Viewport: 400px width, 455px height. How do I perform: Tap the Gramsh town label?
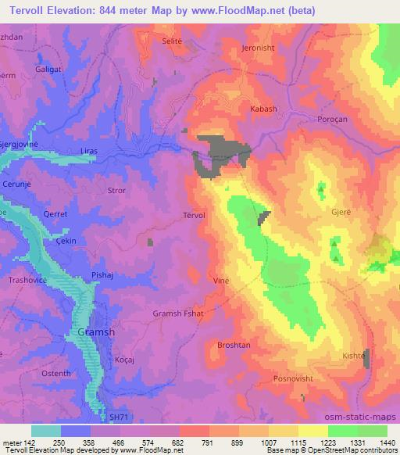pos(97,331)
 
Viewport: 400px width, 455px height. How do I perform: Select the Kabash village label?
pos(262,109)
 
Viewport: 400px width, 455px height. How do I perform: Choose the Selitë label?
pos(173,40)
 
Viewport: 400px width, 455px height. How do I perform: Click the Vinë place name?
pos(221,278)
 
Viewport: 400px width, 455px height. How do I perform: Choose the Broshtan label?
pos(231,345)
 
